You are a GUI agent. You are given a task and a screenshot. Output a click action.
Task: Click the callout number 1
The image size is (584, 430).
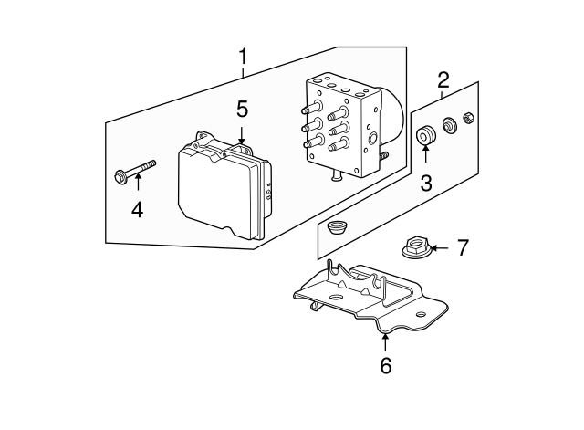(x=243, y=58)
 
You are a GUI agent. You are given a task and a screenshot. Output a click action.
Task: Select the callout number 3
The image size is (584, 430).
(x=426, y=182)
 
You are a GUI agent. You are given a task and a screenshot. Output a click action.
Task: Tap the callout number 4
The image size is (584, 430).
(x=137, y=210)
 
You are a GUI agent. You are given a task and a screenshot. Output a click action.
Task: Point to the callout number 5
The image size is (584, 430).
(x=241, y=110)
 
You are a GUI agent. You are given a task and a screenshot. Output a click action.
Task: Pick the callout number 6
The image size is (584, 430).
(x=385, y=366)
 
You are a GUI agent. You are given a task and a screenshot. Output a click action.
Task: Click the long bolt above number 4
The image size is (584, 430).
(x=135, y=172)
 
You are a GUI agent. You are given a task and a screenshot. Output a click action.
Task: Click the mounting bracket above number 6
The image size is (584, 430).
(x=365, y=297)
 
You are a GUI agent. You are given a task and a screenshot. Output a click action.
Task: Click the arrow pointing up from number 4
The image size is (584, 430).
(x=137, y=190)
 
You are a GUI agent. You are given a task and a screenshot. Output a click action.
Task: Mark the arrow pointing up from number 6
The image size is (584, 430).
(x=385, y=343)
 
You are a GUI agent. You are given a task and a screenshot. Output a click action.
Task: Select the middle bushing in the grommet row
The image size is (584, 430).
(x=449, y=125)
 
